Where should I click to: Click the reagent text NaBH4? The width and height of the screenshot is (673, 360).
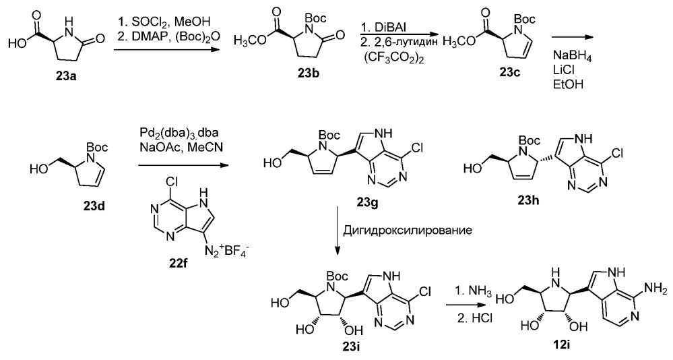[x=572, y=58]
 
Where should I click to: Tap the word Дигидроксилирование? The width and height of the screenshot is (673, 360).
[x=408, y=231]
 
